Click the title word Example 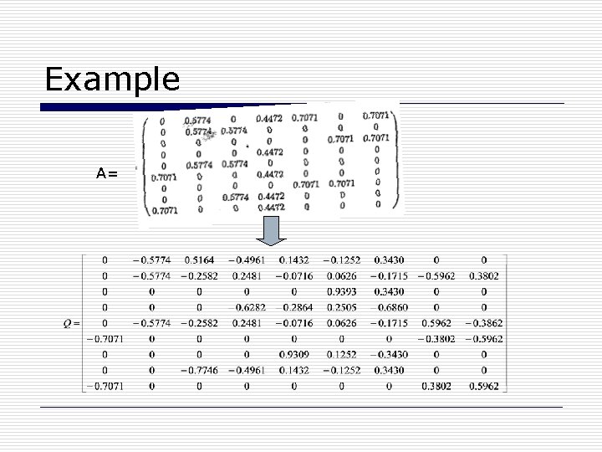tap(112, 80)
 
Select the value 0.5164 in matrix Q tap(198, 259)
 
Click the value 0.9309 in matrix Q tap(293, 354)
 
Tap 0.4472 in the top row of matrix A tap(269, 118)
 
